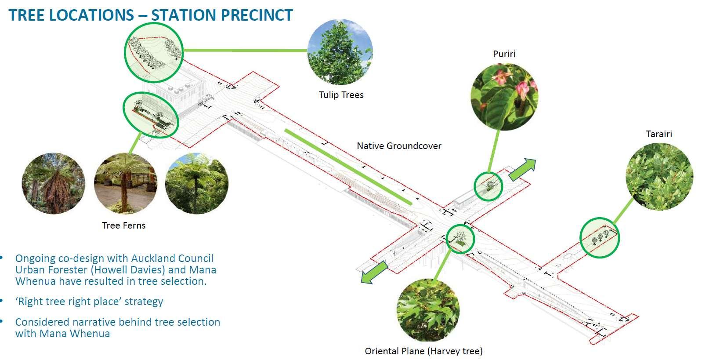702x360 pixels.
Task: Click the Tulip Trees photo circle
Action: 340,52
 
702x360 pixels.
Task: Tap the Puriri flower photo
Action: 504,97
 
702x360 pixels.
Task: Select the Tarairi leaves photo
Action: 659,175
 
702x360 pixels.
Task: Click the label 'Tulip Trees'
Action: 341,95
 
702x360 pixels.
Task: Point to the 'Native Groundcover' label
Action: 399,146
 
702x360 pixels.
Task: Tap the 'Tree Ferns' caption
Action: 123,225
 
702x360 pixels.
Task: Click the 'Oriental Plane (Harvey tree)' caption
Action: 423,351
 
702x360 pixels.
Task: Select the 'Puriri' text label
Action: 504,54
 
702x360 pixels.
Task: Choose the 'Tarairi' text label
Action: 659,134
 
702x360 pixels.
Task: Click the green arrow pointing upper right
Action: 523,169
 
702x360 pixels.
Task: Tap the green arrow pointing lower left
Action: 374,272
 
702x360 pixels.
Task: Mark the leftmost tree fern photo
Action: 53,184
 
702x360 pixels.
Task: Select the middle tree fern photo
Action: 125,184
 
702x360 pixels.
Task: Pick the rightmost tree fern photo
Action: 196,184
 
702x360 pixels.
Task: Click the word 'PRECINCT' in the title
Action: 257,15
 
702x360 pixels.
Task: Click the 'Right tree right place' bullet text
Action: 89,302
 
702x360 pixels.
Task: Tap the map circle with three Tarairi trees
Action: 599,238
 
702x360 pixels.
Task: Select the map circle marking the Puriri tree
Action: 488,186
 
